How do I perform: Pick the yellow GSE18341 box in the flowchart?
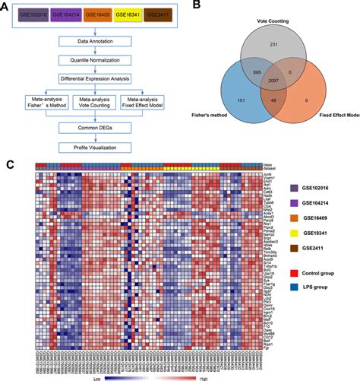click(134, 14)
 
